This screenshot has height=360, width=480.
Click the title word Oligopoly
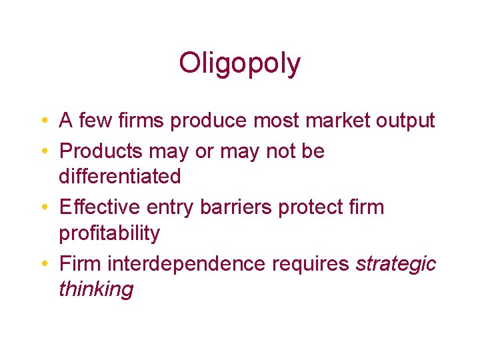coord(239,63)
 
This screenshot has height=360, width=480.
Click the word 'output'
coord(401,121)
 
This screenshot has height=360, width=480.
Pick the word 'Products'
coord(101,151)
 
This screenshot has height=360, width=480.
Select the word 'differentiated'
coord(120,177)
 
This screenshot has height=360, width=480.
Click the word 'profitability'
coord(109,234)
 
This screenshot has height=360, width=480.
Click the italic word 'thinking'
coord(96,290)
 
